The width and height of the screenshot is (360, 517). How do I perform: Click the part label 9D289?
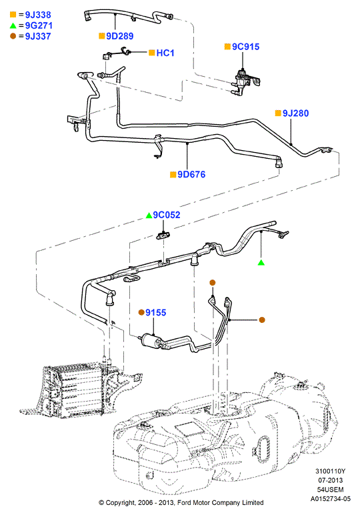coord(119,36)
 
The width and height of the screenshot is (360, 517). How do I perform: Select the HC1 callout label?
coord(165,53)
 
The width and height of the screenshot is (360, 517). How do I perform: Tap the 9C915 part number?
coord(246,47)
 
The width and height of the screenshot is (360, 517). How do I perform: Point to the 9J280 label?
coord(295,113)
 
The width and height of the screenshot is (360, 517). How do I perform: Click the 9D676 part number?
coord(191,174)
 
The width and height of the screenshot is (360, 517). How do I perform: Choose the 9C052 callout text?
coord(167,215)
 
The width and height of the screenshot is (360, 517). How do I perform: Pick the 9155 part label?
coord(156,312)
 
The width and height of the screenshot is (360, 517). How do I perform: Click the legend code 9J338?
coord(38,15)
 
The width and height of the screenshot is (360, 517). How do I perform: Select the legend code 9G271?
coord(39,25)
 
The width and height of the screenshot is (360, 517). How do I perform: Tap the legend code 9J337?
coord(38,36)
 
